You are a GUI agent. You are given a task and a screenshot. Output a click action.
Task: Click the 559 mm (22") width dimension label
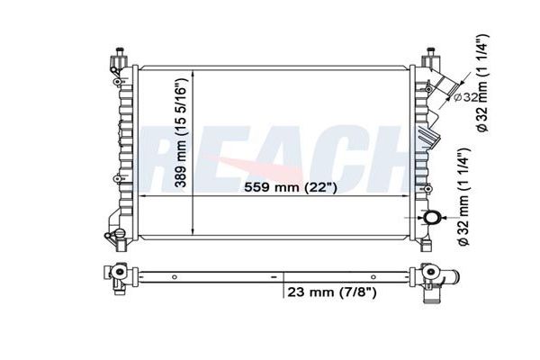pos(290,187)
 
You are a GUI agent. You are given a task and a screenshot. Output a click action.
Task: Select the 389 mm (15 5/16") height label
pos(181,133)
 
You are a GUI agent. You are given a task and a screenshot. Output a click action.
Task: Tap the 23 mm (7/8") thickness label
pos(332,292)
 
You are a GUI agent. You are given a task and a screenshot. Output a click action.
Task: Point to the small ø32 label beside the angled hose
pos(465,98)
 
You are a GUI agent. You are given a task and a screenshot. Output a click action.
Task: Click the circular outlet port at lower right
pos(431,218)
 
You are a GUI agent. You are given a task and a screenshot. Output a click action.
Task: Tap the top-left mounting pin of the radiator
pos(120,50)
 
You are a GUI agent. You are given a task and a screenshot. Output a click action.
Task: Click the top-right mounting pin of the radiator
pos(430,50)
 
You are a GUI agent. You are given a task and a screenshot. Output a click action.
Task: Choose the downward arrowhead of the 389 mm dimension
pos(193,230)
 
